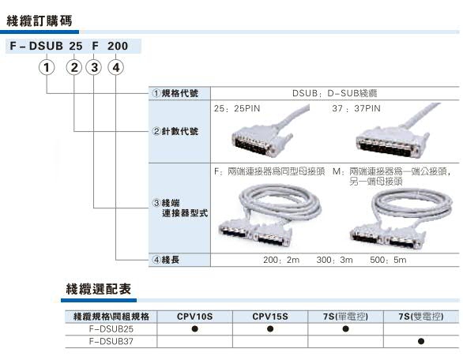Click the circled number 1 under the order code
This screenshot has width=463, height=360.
coord(47,68)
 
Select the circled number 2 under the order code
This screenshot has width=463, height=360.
coord(74,68)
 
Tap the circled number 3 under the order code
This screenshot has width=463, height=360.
coord(94,68)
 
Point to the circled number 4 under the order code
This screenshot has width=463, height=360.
coord(115,68)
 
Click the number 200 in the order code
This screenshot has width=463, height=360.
coord(118,46)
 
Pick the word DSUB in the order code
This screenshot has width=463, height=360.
coord(46,46)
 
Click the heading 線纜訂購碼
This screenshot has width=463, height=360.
coord(40,21)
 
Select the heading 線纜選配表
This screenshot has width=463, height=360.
coord(98,289)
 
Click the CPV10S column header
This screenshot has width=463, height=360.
coord(194,317)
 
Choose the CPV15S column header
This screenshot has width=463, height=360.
coord(270,317)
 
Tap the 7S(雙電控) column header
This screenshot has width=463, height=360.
coord(421,317)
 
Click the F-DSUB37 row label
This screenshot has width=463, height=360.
coord(111,341)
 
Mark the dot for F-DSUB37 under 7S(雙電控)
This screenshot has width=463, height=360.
coord(421,341)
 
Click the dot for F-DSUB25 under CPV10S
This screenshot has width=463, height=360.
coord(194,328)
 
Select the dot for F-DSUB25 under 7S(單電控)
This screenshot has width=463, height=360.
coord(345,328)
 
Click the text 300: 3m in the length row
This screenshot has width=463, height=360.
coord(334,260)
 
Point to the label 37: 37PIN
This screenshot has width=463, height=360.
coord(356,109)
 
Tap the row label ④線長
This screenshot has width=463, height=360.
coord(166,260)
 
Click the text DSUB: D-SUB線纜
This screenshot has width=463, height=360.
coord(334,93)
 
